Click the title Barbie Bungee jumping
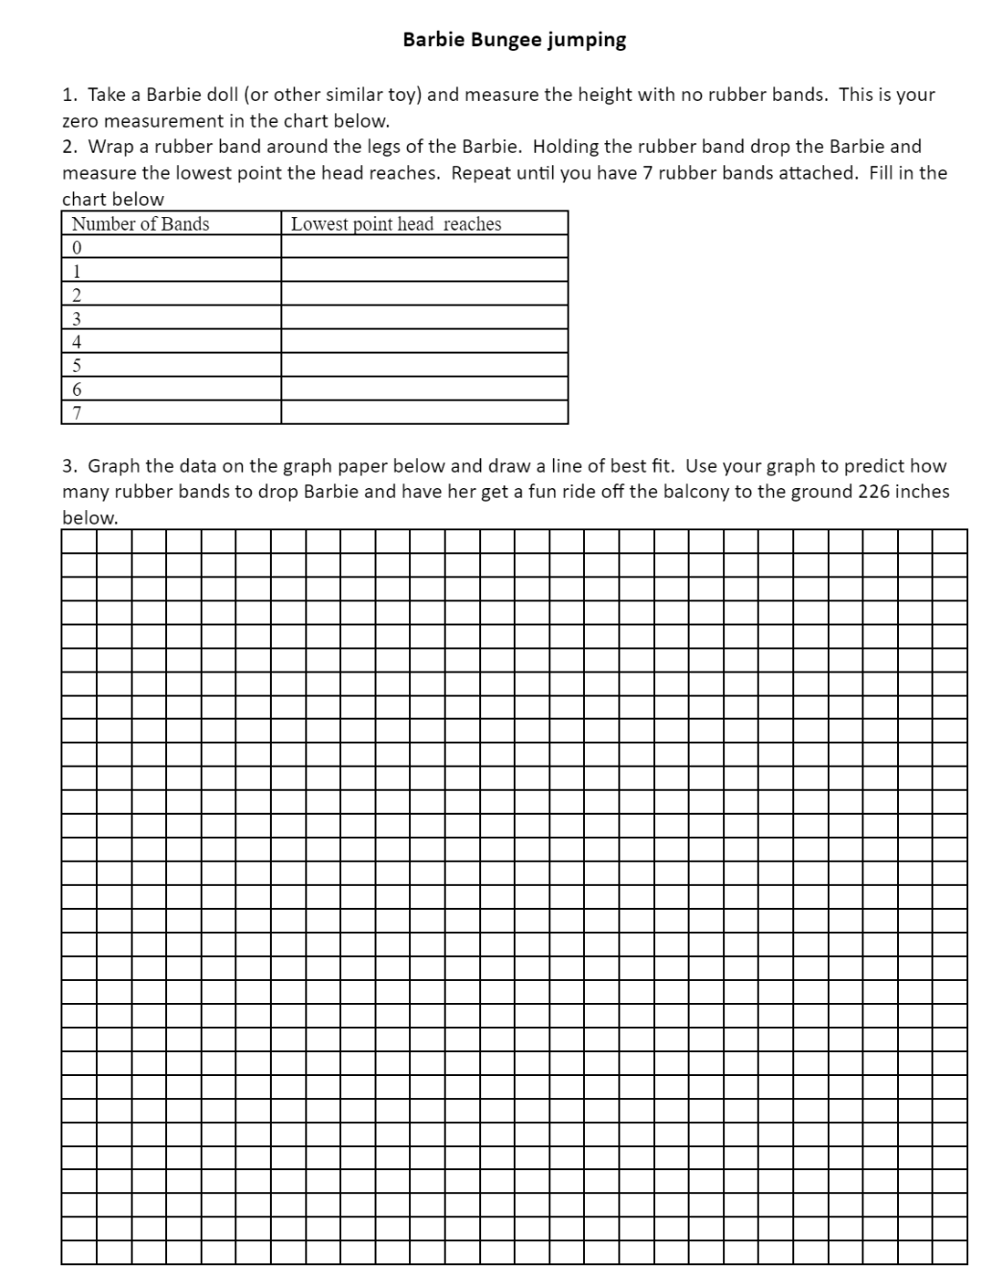point(514,40)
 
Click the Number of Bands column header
point(140,224)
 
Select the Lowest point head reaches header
point(396,224)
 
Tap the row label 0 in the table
point(77,248)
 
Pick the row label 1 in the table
point(77,271)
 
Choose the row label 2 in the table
point(77,295)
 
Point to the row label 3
point(77,318)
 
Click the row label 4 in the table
point(77,342)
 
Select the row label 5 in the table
point(77,365)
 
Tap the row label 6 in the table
point(77,389)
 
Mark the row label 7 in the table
point(77,413)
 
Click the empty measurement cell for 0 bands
point(424,247)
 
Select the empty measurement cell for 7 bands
point(424,413)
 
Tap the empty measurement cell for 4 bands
point(424,341)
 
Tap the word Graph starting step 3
point(114,466)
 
